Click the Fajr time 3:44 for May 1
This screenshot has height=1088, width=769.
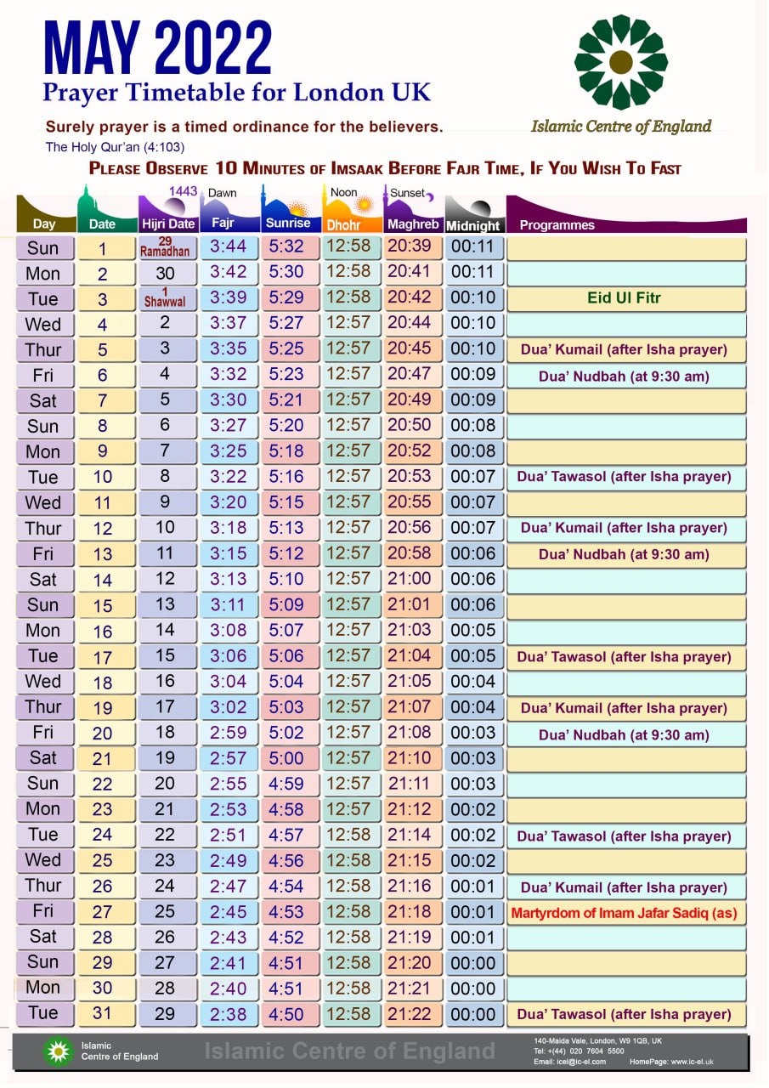click(229, 247)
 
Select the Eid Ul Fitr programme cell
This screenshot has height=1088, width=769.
click(624, 298)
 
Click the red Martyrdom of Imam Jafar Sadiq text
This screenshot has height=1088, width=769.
click(624, 914)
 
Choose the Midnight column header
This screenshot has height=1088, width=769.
click(472, 225)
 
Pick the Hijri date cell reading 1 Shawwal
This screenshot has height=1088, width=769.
click(165, 298)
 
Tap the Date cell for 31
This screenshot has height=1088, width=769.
click(103, 1014)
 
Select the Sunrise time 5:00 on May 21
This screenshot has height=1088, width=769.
click(286, 757)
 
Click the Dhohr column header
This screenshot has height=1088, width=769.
click(344, 225)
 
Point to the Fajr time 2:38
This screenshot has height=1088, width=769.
click(229, 1014)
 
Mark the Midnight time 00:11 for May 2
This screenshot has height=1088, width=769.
click(472, 273)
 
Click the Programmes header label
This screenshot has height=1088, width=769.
click(557, 225)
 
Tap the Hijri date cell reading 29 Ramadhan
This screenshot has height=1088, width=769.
click(165, 247)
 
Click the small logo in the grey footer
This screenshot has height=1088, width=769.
click(59, 1051)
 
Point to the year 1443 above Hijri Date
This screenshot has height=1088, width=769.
click(183, 191)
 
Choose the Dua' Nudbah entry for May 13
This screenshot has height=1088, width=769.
click(624, 554)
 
